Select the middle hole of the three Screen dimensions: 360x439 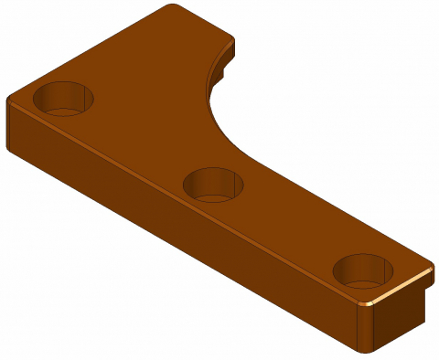point(214,184)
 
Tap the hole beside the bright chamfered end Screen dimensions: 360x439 point(363,271)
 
